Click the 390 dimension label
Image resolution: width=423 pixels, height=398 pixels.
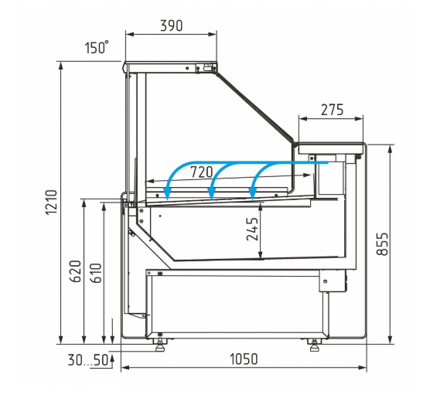tap(172, 26)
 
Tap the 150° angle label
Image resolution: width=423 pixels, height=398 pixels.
tap(97, 47)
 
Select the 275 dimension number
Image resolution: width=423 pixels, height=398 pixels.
tap(332, 110)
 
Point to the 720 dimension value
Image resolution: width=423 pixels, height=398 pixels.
tap(202, 172)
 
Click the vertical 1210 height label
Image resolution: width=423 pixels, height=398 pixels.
tap(51, 202)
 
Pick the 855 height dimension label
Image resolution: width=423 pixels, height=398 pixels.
tap(382, 243)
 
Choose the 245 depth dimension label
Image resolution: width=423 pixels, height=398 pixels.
tap(252, 229)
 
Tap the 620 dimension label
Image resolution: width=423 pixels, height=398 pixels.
tap(75, 271)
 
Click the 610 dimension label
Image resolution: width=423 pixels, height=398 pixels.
tap(97, 273)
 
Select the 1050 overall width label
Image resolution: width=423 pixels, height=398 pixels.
tap(244, 359)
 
